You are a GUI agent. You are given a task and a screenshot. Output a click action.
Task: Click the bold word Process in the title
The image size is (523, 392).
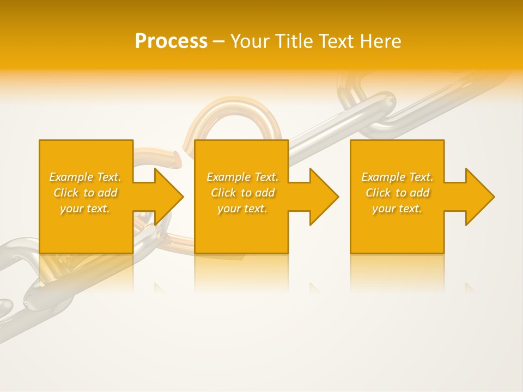[x=171, y=41]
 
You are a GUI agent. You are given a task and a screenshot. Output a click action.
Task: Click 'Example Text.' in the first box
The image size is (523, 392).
[x=85, y=177]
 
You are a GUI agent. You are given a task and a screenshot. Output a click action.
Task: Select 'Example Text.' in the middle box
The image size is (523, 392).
[x=242, y=177]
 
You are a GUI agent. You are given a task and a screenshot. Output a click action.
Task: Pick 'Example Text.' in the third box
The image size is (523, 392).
[x=397, y=177]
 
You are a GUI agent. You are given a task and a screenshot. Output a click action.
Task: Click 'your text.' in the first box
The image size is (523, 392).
[x=85, y=209]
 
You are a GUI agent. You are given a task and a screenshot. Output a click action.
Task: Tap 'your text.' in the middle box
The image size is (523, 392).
[x=242, y=209]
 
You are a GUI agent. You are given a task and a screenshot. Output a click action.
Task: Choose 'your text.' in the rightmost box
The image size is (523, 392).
[x=397, y=209]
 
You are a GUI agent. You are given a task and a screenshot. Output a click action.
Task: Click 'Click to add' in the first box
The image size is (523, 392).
[x=85, y=193]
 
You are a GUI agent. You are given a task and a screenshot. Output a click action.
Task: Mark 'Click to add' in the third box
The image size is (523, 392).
[x=397, y=193]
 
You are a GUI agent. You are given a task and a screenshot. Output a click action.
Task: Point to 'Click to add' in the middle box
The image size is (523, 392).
[x=242, y=193]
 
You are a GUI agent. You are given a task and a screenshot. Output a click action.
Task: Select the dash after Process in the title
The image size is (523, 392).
[x=219, y=42]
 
